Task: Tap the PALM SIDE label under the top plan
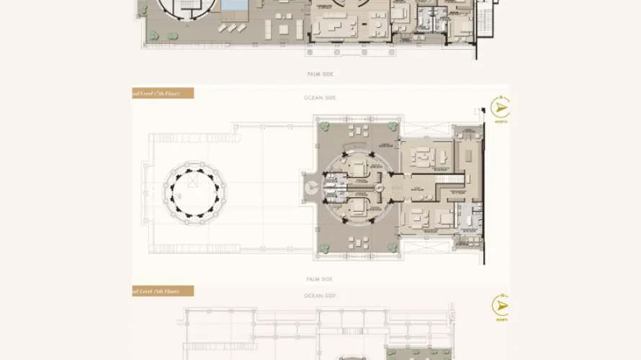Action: [x=320, y=74]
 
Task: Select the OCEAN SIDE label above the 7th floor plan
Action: [x=320, y=97]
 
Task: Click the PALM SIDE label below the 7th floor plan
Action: [x=320, y=279]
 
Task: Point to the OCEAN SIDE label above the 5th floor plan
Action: [x=320, y=296]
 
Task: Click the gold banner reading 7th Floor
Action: [x=163, y=93]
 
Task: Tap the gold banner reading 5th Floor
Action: [x=163, y=291]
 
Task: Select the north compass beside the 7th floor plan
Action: [x=500, y=109]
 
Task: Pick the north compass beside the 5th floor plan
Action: [x=500, y=305]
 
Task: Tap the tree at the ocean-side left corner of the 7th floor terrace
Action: [x=323, y=127]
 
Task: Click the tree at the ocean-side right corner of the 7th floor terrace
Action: [x=392, y=127]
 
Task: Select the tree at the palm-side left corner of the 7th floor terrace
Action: [x=323, y=248]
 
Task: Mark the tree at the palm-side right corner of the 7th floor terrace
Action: [x=392, y=248]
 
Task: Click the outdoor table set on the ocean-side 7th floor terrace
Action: [x=357, y=132]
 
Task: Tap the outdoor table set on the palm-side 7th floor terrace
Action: [x=357, y=243]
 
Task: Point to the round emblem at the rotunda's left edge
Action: [x=310, y=189]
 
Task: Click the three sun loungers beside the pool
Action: [x=233, y=27]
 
